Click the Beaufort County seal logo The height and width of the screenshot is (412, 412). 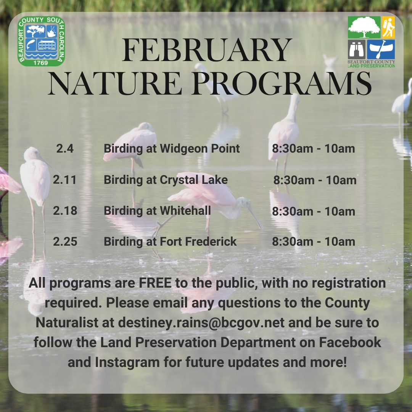[x=41, y=41]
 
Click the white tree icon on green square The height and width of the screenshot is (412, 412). [x=364, y=27]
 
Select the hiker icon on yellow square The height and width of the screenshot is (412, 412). [x=388, y=27]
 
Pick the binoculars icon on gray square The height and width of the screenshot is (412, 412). [x=357, y=49]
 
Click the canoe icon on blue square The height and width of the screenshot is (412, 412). [x=381, y=49]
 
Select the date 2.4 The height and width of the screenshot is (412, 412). [x=65, y=148]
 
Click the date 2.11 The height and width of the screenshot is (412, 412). [x=65, y=180]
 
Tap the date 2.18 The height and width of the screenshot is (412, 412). [x=65, y=211]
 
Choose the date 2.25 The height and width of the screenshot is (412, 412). [x=65, y=241]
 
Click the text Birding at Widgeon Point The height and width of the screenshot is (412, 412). [x=172, y=148]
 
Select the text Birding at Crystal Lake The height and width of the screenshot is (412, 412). [x=166, y=180]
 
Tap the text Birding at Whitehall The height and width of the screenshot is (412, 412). [x=157, y=211]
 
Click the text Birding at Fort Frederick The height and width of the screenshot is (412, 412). [x=170, y=241]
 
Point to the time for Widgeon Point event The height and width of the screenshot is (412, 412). [x=313, y=148]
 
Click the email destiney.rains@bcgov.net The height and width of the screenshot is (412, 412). [x=201, y=322]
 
